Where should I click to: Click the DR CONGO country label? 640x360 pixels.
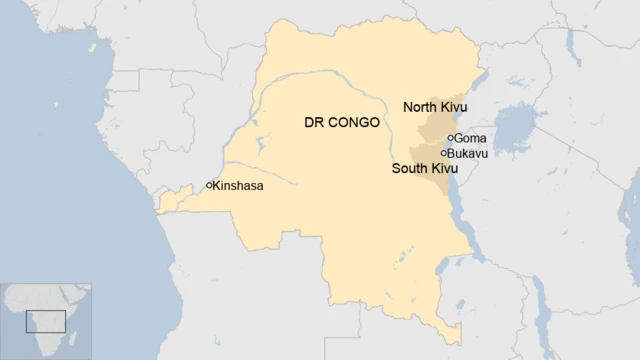[x=341, y=124]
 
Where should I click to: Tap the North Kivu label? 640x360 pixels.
[x=434, y=107]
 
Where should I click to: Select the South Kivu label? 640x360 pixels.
[x=423, y=170]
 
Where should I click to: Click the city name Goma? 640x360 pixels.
[x=471, y=138]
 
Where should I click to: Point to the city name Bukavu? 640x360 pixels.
[x=468, y=153]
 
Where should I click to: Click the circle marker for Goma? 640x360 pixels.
[x=452, y=138]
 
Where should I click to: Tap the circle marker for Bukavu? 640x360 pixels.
[x=444, y=153]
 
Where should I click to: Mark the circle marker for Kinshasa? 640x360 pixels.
[x=210, y=185]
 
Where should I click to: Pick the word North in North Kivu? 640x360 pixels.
[x=420, y=107]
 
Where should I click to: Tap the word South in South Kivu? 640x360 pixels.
[x=410, y=170]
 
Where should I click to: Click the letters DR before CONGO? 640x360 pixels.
[x=312, y=124]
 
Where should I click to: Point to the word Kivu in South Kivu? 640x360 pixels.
[x=443, y=170]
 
